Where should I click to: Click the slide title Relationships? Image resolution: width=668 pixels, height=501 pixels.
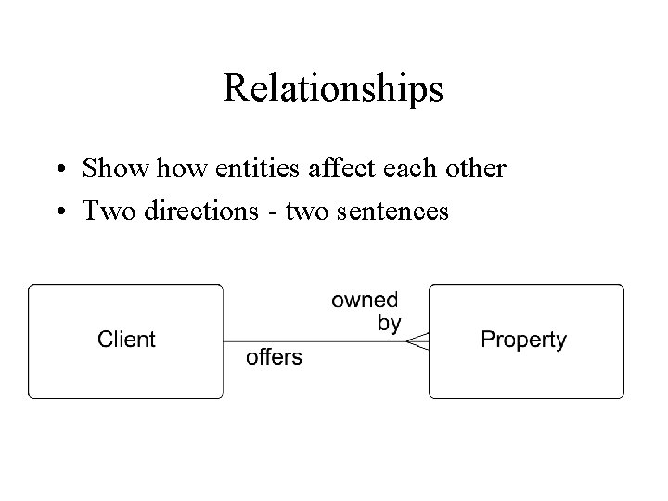pyautogui.click(x=333, y=90)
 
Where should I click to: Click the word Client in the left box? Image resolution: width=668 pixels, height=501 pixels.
pyautogui.click(x=126, y=340)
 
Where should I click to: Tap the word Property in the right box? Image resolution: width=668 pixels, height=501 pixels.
pyautogui.click(x=523, y=340)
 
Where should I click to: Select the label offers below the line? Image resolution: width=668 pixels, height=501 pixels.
pyautogui.click(x=274, y=357)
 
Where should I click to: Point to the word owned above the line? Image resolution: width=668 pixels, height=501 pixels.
pyautogui.click(x=365, y=301)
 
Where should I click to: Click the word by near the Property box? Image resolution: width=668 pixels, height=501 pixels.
pyautogui.click(x=390, y=323)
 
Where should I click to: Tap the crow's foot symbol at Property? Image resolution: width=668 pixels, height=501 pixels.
pyautogui.click(x=417, y=341)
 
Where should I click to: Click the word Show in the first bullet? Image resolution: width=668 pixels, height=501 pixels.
pyautogui.click(x=108, y=170)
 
